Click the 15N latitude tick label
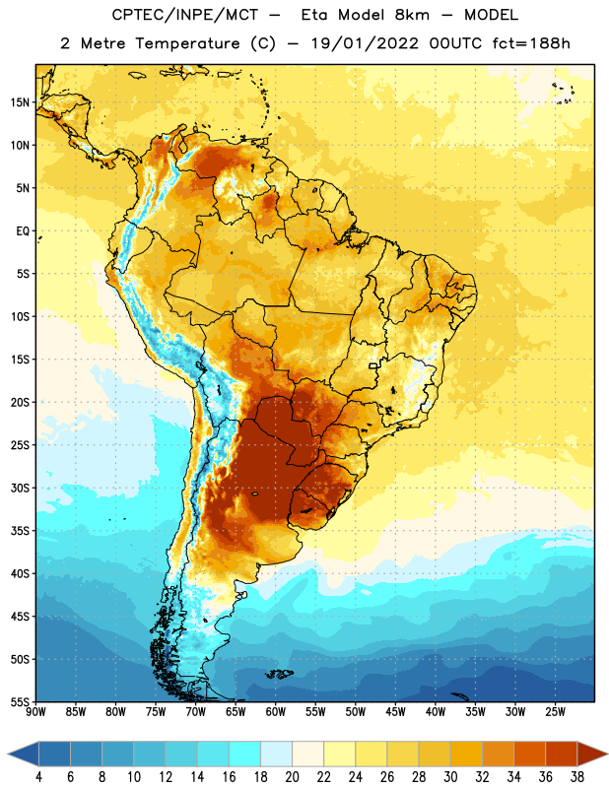coord(20,102)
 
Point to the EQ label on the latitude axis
coord(23,231)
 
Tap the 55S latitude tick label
coord(20,702)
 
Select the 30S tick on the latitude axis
coord(20,488)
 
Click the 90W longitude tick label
coord(36,712)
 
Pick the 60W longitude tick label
coord(276,712)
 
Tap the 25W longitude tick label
coord(555,712)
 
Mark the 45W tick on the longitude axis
coord(395,712)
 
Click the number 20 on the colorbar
coord(292,777)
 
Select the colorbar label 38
coord(577,777)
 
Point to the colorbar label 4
coord(38,777)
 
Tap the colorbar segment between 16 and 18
coord(245,754)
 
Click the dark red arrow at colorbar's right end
coord(591,754)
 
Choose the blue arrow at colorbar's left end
coord(24,754)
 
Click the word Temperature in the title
coord(187,43)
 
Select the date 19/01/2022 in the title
coord(365,43)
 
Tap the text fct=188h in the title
coord(531,43)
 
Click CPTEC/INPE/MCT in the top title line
coord(184,15)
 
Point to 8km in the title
coord(412,15)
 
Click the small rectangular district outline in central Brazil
coord(373,365)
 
